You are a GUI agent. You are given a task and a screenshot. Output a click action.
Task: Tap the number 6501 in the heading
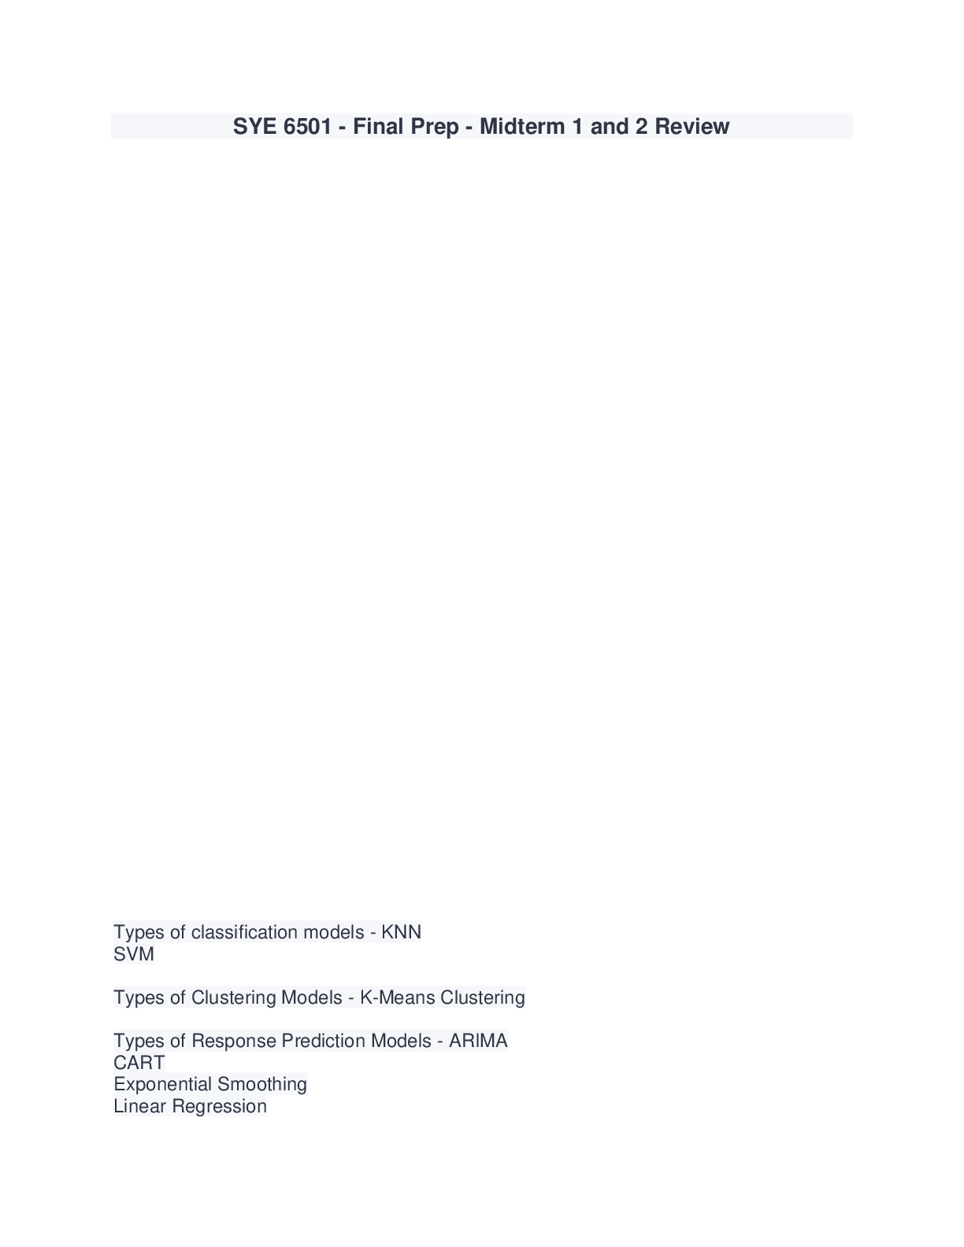(307, 127)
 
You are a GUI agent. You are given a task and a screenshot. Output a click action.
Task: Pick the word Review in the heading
(691, 127)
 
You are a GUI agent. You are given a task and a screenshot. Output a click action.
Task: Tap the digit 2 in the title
(641, 127)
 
